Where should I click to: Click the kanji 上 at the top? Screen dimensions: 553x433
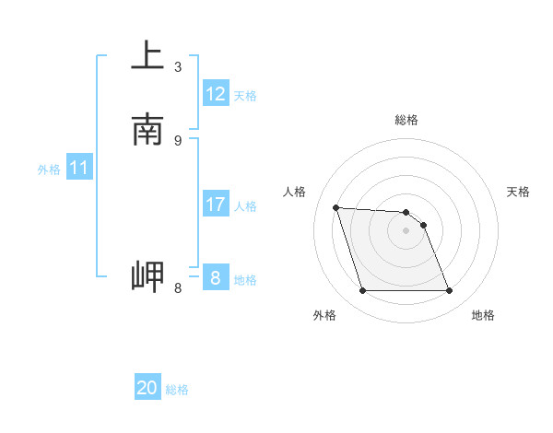point(147,55)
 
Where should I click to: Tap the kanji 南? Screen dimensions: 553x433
point(147,130)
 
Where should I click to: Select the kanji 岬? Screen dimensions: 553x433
point(147,277)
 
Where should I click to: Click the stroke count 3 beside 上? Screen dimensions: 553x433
point(178,66)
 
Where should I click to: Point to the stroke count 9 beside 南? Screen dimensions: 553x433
point(178,140)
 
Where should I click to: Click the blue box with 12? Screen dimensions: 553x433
point(216,94)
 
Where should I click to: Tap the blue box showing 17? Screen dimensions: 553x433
point(216,205)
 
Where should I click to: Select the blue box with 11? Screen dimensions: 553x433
point(79,168)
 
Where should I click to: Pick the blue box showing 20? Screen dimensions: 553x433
point(147,388)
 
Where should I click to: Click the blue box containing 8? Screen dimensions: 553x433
point(216,277)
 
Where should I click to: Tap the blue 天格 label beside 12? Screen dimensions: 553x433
point(245,96)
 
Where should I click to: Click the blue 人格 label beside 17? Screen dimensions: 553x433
point(246,206)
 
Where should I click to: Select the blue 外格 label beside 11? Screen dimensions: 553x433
point(49,170)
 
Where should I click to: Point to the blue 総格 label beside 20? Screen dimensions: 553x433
point(177,390)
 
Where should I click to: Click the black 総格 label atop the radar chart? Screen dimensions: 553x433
point(406,120)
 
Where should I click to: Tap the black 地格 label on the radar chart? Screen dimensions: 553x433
point(483,316)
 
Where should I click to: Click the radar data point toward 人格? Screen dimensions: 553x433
point(335,207)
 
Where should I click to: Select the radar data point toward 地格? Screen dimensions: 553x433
point(449,291)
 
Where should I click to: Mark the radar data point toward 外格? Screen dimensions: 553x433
point(362,291)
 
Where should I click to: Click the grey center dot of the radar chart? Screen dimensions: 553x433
point(406,231)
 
